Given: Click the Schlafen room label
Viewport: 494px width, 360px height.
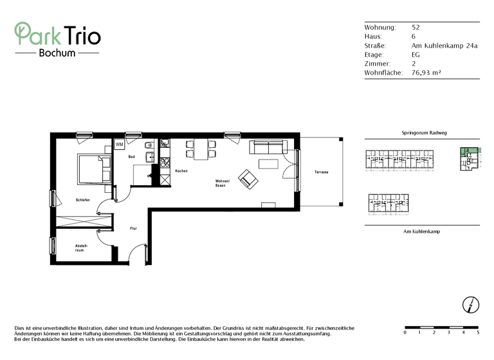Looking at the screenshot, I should [x=82, y=200].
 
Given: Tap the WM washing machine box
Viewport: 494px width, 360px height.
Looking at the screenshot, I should [x=120, y=145].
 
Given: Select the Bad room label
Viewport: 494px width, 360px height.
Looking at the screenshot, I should [x=131, y=157].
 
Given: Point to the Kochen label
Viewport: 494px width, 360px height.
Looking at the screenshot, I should [x=181, y=171].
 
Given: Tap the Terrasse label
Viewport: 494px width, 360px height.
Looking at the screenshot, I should [x=321, y=172].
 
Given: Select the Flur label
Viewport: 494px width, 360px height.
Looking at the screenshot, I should [x=133, y=228].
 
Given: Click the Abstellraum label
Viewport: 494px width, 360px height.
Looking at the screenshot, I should [x=81, y=248].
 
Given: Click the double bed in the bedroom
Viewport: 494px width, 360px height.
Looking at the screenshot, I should [x=93, y=169].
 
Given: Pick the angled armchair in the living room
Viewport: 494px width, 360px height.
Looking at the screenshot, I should [x=247, y=179].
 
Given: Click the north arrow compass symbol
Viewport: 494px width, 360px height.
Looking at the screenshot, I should [x=471, y=304].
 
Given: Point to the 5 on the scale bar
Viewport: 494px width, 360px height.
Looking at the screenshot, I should [x=477, y=333].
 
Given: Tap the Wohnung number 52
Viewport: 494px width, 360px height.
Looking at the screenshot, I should [x=416, y=28].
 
